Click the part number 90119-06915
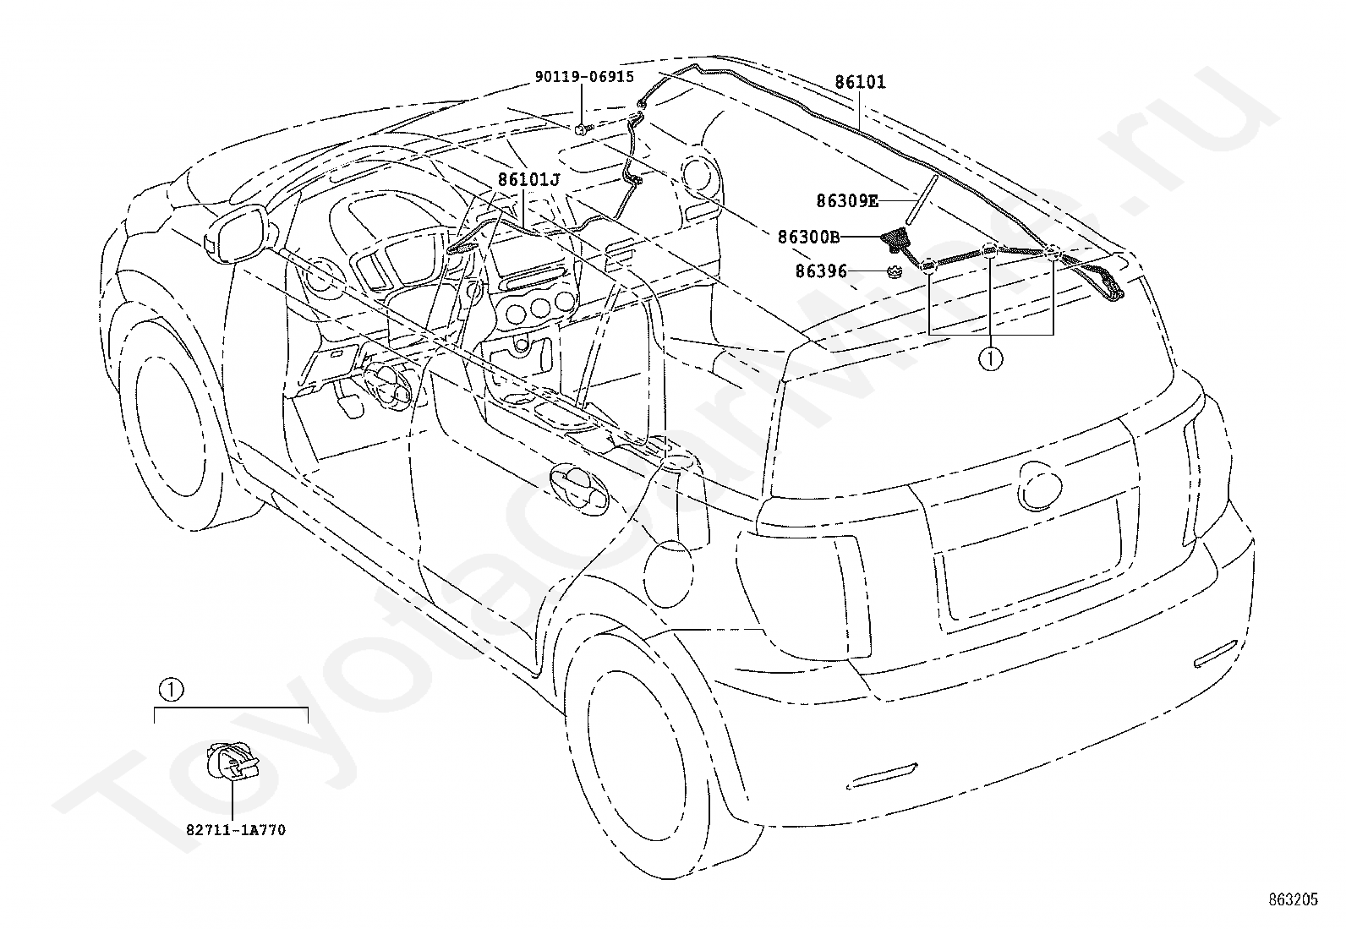coord(584,77)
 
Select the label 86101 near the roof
coord(860,82)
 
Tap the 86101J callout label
coord(528,179)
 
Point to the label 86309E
coord(846,200)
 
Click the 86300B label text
coord(809,237)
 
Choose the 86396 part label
coord(821,271)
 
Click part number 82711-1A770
coord(236,830)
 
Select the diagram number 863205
coord(1293,899)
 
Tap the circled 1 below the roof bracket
coord(990,359)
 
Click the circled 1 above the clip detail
coord(171,690)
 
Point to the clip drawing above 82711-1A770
coord(232,762)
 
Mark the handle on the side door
coord(577,489)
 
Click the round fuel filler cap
coord(669,574)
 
